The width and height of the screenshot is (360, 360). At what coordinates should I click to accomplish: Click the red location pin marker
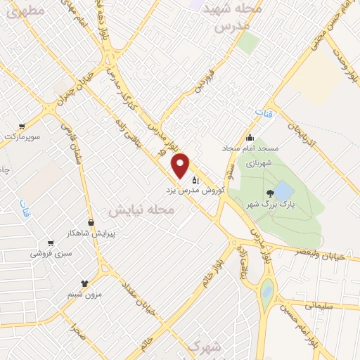181,165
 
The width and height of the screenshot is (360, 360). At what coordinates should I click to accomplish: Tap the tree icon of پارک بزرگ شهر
270,193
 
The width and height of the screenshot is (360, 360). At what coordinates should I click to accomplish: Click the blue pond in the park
283,191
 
